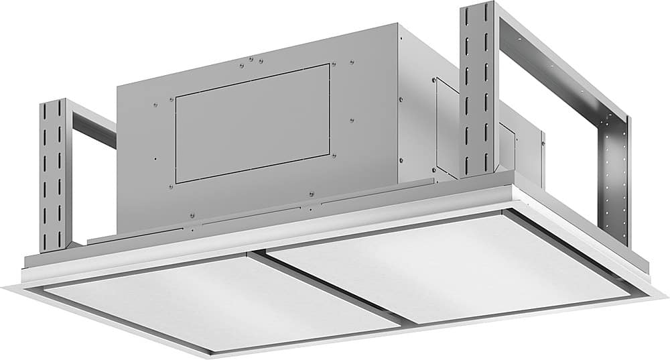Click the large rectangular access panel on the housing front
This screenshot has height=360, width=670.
[253, 123]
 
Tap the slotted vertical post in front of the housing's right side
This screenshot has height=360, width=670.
[477, 91]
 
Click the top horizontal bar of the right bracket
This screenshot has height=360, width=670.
[563, 67]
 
